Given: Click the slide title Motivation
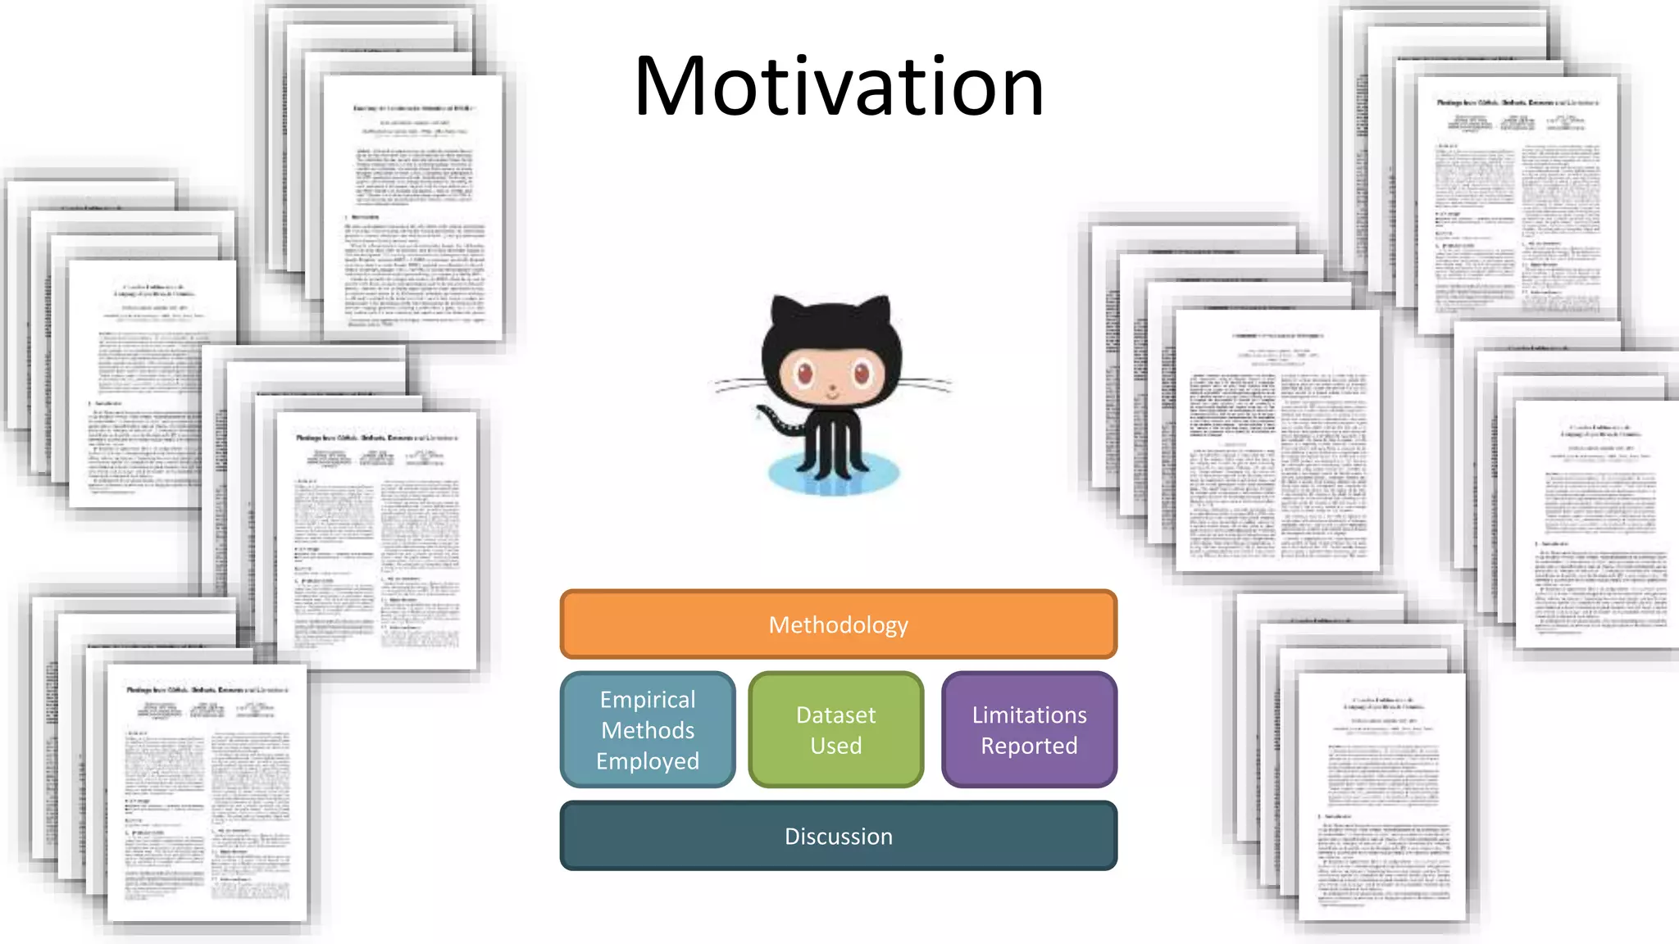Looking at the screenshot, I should click(x=839, y=86).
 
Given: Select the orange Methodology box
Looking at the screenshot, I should click(x=838, y=624).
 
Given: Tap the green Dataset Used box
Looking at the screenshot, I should click(x=835, y=729).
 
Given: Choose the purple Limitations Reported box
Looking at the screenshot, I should click(x=1029, y=729).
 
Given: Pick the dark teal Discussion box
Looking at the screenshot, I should click(x=838, y=836).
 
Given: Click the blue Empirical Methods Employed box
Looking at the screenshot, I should click(x=648, y=729).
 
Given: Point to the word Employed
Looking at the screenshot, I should click(x=648, y=761).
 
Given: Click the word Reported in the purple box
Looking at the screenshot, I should click(x=1029, y=746).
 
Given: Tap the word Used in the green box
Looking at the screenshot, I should click(x=835, y=746).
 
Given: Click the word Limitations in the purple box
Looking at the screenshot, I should click(x=1029, y=715).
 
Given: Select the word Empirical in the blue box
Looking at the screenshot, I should click(x=648, y=699).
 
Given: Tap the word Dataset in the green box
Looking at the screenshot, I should click(x=835, y=715).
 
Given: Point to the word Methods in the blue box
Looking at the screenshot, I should click(x=648, y=730).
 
